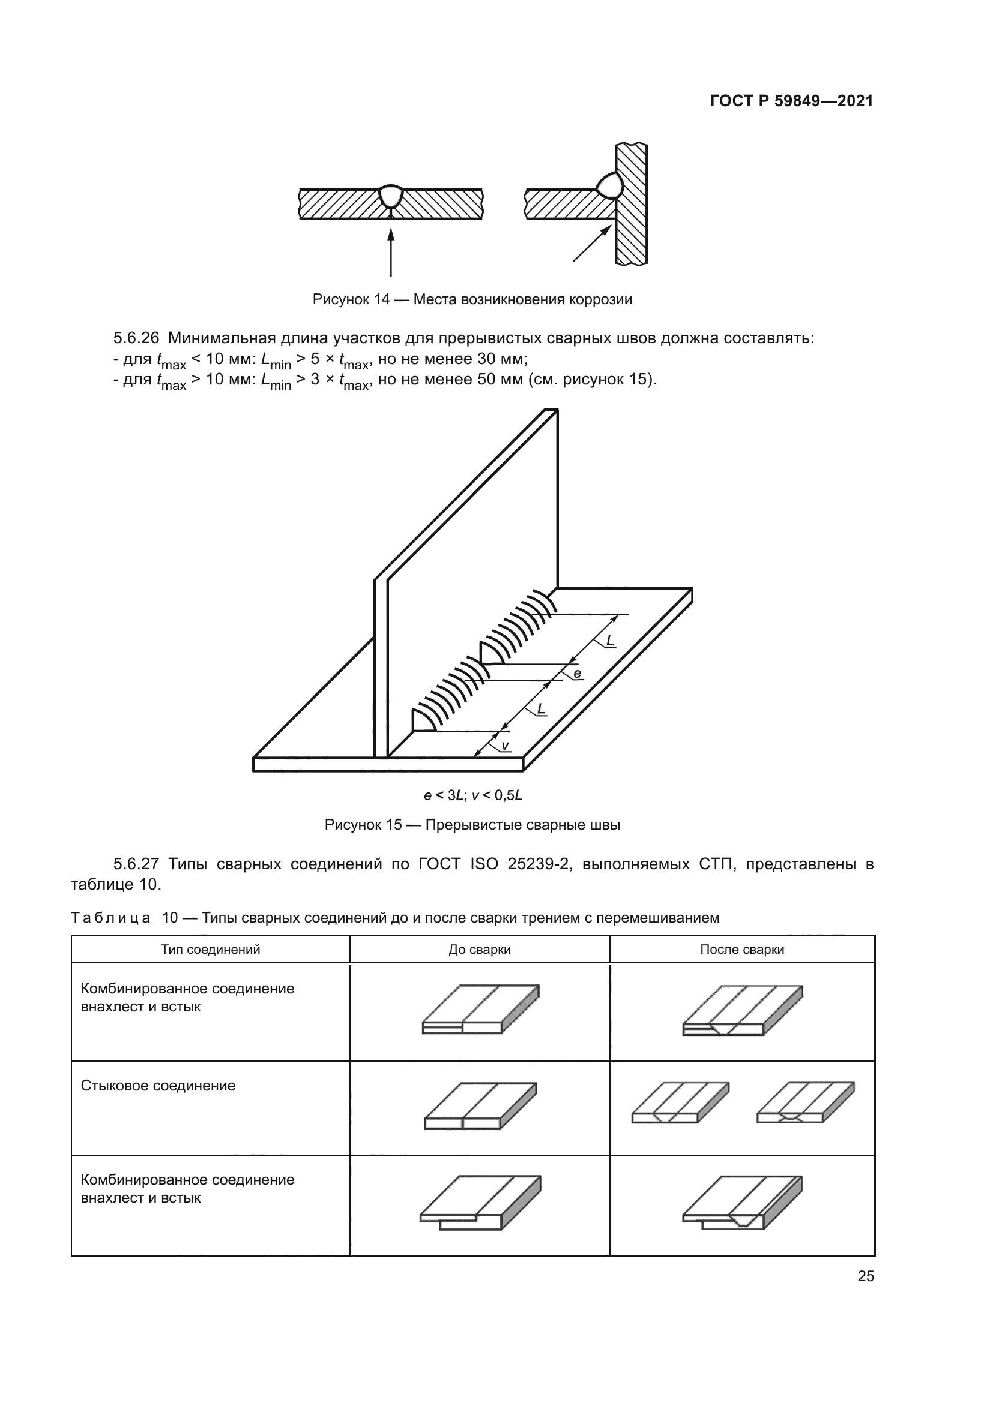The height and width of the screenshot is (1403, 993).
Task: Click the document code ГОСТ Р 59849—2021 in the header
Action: tap(791, 101)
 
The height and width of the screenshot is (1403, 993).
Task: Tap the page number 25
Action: tap(866, 1276)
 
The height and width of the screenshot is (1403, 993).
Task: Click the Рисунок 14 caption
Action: tap(472, 299)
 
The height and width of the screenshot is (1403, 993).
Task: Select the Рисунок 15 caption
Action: tap(472, 825)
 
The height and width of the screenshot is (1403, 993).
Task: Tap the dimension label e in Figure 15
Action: tap(577, 675)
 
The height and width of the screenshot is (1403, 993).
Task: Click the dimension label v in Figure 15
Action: tap(504, 746)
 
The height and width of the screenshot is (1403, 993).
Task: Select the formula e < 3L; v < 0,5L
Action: tap(472, 795)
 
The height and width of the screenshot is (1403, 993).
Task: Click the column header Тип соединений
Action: tap(210, 949)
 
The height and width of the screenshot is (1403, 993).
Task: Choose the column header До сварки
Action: tap(479, 950)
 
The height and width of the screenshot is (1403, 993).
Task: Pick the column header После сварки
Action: tap(741, 950)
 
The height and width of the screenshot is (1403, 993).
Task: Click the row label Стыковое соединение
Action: tap(158, 1085)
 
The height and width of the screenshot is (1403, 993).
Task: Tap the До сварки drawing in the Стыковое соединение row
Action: tap(480, 1106)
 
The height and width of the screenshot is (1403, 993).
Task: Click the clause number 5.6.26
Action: tap(136, 338)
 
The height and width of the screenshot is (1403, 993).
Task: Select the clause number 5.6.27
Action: tap(136, 863)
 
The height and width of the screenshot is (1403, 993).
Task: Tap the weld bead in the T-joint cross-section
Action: tap(609, 185)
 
